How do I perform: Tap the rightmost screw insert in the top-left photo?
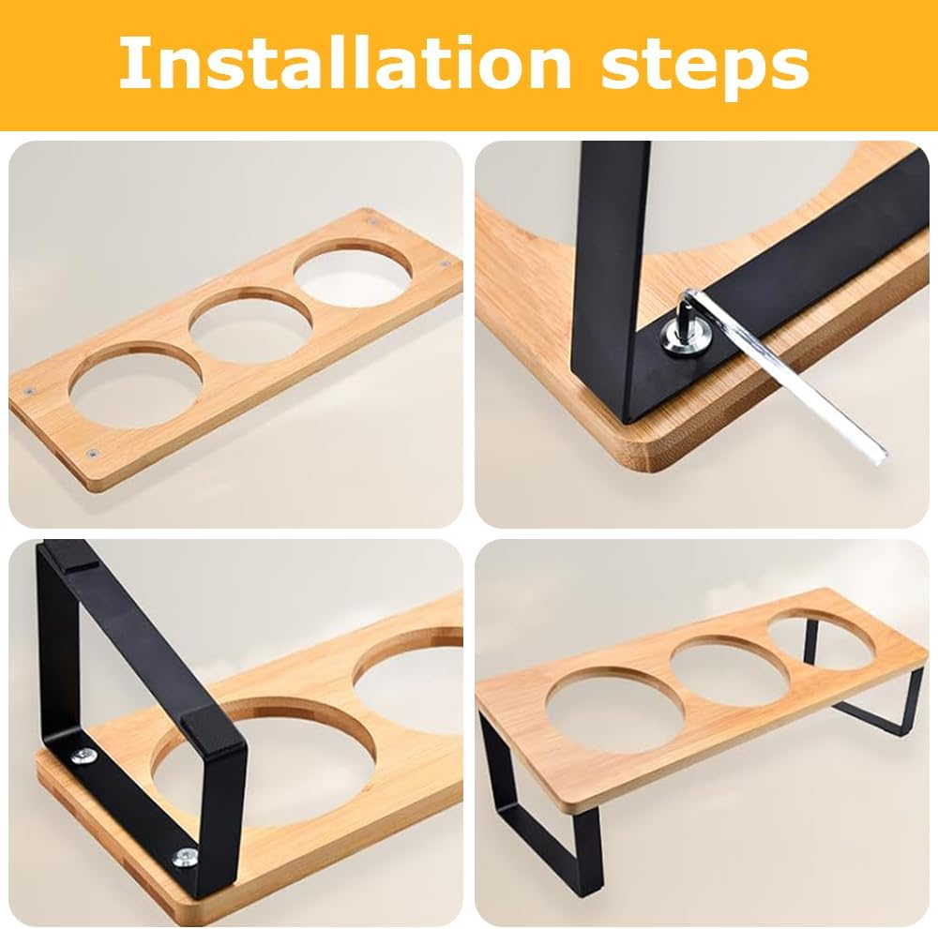(444, 266)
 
